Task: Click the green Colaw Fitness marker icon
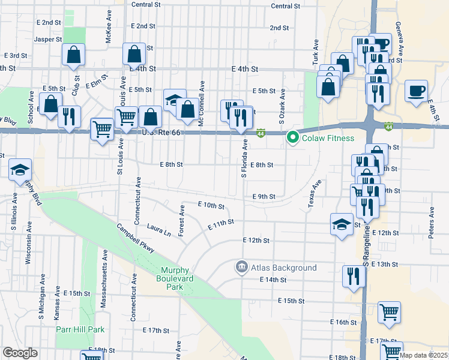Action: click(293, 138)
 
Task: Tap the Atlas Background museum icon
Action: click(241, 267)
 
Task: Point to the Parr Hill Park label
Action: click(80, 329)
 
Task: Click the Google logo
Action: click(20, 353)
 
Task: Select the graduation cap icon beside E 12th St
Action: click(342, 225)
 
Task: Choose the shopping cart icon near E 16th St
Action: click(389, 313)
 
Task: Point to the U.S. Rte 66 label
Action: click(160, 132)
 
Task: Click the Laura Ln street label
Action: click(158, 229)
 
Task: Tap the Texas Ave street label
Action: click(314, 194)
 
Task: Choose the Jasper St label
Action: click(49, 39)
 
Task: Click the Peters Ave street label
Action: click(431, 221)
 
